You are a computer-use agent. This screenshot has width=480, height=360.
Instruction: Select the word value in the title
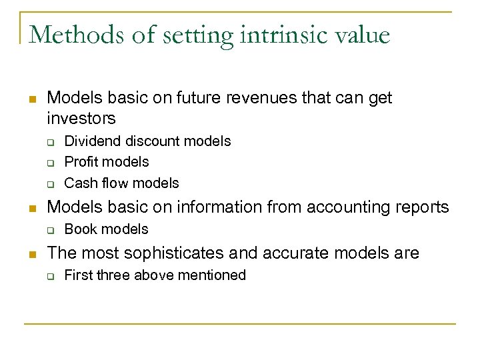360,34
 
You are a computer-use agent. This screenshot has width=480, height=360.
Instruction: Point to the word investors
81,119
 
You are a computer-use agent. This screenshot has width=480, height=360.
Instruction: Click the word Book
79,229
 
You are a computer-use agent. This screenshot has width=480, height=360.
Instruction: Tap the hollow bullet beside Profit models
49,163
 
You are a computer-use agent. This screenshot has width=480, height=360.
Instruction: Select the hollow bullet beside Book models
49,230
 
